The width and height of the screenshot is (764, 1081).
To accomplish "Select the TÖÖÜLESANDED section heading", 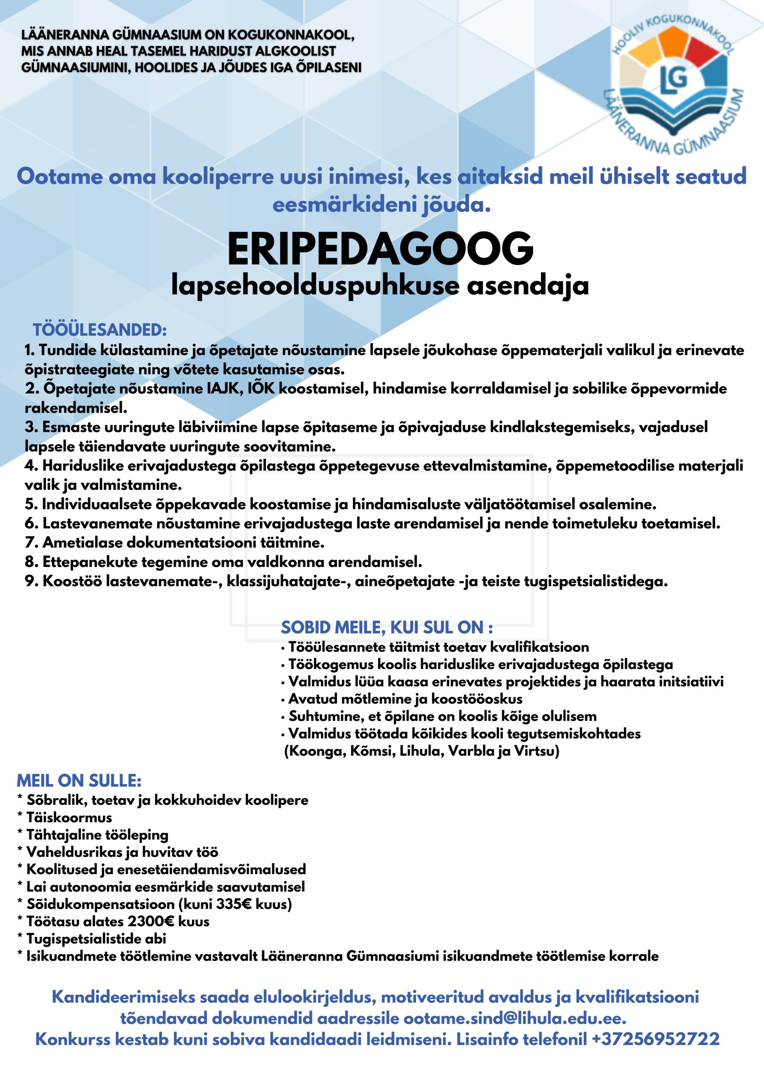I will (100, 329).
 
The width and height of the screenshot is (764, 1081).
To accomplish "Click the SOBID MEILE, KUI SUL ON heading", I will (387, 627).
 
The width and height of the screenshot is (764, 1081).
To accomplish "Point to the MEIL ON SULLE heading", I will (79, 781).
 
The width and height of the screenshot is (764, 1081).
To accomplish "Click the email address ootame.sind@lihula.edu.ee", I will (515, 1019).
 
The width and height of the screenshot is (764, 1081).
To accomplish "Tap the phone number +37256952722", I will (655, 1039).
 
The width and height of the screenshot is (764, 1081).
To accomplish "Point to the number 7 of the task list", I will (30, 543).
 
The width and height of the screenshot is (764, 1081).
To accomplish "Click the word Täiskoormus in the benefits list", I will (69, 818).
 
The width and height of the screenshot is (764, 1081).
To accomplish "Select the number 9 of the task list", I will (30, 581).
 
